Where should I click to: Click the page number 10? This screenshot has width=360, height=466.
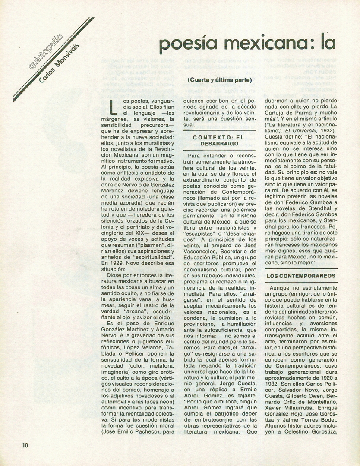pos(25,445)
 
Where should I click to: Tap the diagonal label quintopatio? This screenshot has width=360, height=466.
pos(44,51)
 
